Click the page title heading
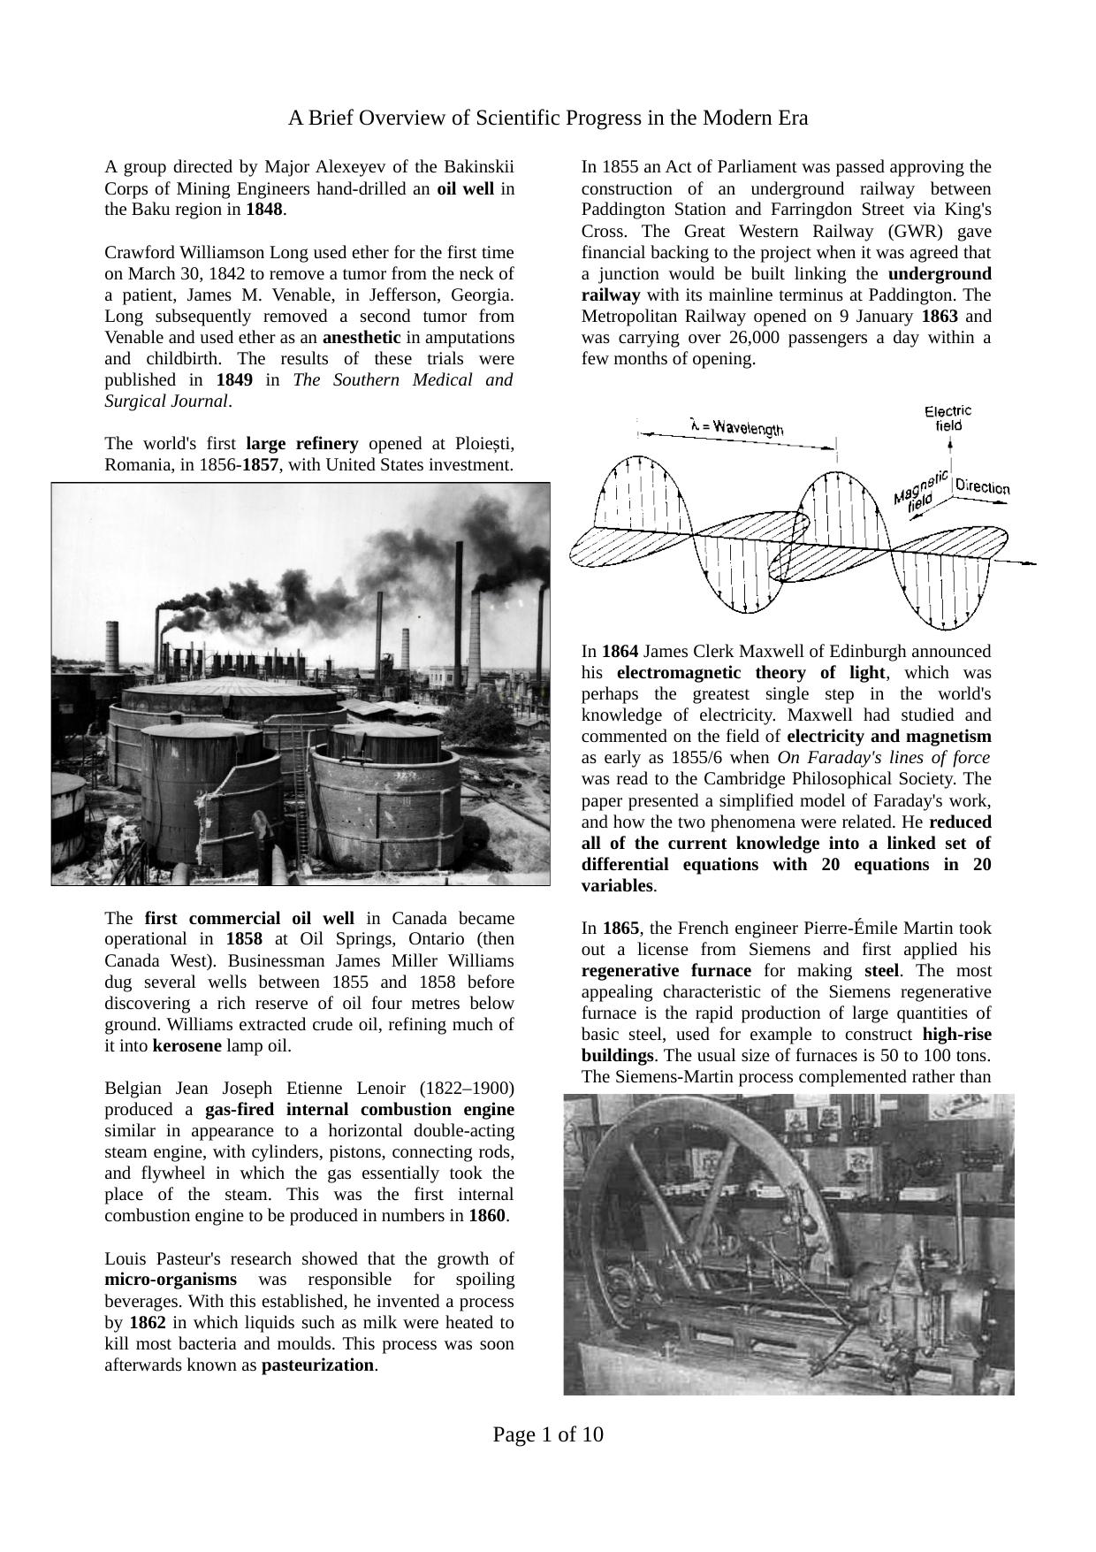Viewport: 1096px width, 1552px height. click(x=548, y=118)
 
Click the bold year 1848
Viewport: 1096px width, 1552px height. click(x=263, y=210)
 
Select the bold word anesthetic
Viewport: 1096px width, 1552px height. click(x=362, y=337)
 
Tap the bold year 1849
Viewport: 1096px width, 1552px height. click(x=234, y=379)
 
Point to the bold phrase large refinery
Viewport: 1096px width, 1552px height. click(x=301, y=443)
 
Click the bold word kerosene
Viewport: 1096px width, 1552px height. click(x=187, y=1046)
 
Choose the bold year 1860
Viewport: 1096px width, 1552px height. click(x=486, y=1215)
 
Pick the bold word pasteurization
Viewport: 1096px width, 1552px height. click(x=317, y=1365)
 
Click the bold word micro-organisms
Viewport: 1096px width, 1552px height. click(x=171, y=1280)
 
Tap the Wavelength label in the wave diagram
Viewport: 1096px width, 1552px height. click(x=736, y=426)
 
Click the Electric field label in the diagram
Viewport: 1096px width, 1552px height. click(x=948, y=417)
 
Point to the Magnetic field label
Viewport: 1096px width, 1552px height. click(x=920, y=492)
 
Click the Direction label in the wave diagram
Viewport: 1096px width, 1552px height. click(x=982, y=487)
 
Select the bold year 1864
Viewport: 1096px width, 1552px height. click(x=620, y=651)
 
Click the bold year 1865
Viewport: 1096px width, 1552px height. click(x=620, y=928)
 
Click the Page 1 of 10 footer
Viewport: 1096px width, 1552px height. click(x=548, y=1434)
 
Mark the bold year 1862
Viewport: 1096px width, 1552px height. click(x=147, y=1322)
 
